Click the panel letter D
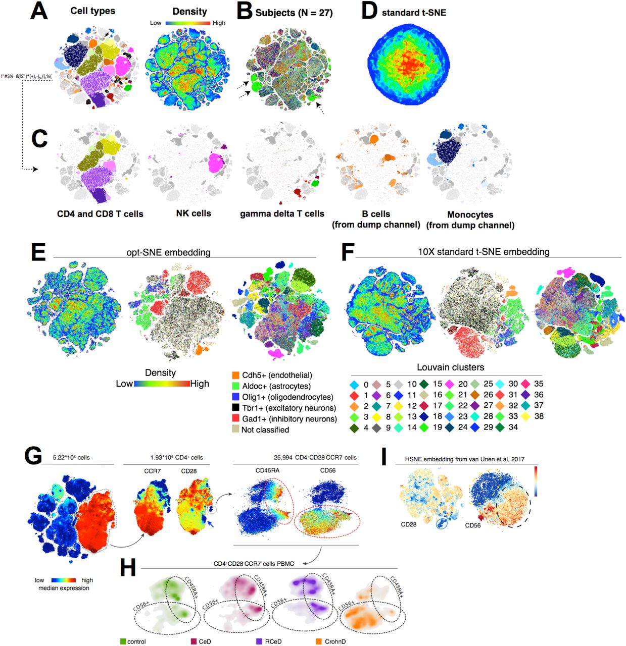tap(369, 11)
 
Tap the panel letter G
tap(33, 456)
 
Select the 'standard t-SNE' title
tap(414, 13)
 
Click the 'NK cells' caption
tap(194, 213)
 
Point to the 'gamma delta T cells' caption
tap(282, 213)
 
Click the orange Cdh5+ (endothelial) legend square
tap(235, 375)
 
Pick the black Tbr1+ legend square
tap(235, 408)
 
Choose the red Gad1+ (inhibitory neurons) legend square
tap(235, 419)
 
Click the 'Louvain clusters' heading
tap(450, 367)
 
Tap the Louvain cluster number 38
tap(539, 416)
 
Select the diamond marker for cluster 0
tap(354, 385)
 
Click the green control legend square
tap(123, 641)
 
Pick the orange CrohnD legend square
tap(318, 641)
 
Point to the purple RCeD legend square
tap(259, 641)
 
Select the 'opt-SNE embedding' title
tap(168, 252)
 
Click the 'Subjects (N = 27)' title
tap(294, 13)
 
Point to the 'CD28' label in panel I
tap(409, 524)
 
